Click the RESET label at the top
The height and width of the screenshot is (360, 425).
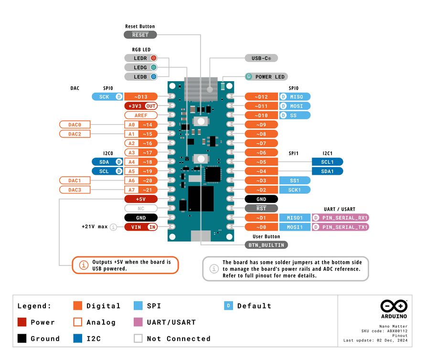[x=140, y=35]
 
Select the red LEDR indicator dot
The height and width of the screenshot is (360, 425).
[x=153, y=58]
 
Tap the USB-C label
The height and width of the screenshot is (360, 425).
[x=261, y=58]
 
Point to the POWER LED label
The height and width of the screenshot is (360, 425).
[x=266, y=77]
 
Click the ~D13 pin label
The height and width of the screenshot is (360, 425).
[x=141, y=97]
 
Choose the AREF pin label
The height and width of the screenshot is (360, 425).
[x=141, y=115]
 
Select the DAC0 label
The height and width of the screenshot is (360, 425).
[x=75, y=125]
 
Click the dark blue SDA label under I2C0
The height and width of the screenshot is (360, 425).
[x=107, y=162]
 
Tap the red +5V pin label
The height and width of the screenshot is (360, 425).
[x=141, y=199]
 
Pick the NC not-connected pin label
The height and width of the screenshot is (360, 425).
[x=141, y=209]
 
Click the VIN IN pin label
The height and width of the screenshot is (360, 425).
[x=141, y=227]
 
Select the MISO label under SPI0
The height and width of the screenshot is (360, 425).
[x=295, y=97]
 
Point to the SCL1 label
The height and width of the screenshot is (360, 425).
[x=328, y=162]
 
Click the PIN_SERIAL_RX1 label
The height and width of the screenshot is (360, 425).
[x=340, y=218]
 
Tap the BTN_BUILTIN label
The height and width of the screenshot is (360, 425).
[x=266, y=245]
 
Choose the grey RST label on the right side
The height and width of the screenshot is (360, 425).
[x=261, y=209]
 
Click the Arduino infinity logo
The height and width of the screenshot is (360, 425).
[x=394, y=306]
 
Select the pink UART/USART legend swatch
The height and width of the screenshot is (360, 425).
[x=138, y=322]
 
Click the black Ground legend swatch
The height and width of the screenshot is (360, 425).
[x=22, y=339]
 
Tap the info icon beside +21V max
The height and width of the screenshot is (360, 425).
[x=113, y=227]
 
